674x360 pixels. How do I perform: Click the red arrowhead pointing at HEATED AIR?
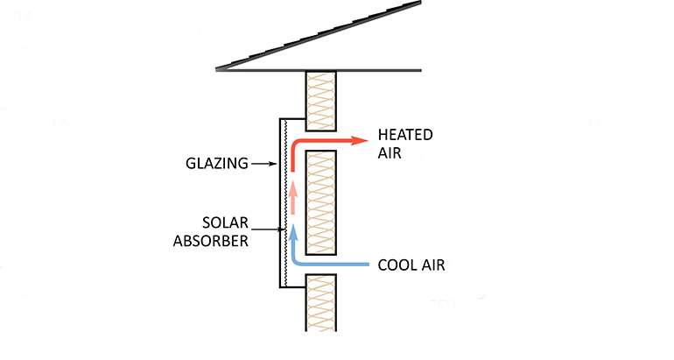click(359, 140)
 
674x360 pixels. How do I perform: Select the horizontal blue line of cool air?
click(333, 262)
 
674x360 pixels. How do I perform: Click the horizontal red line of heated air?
click(324, 140)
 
